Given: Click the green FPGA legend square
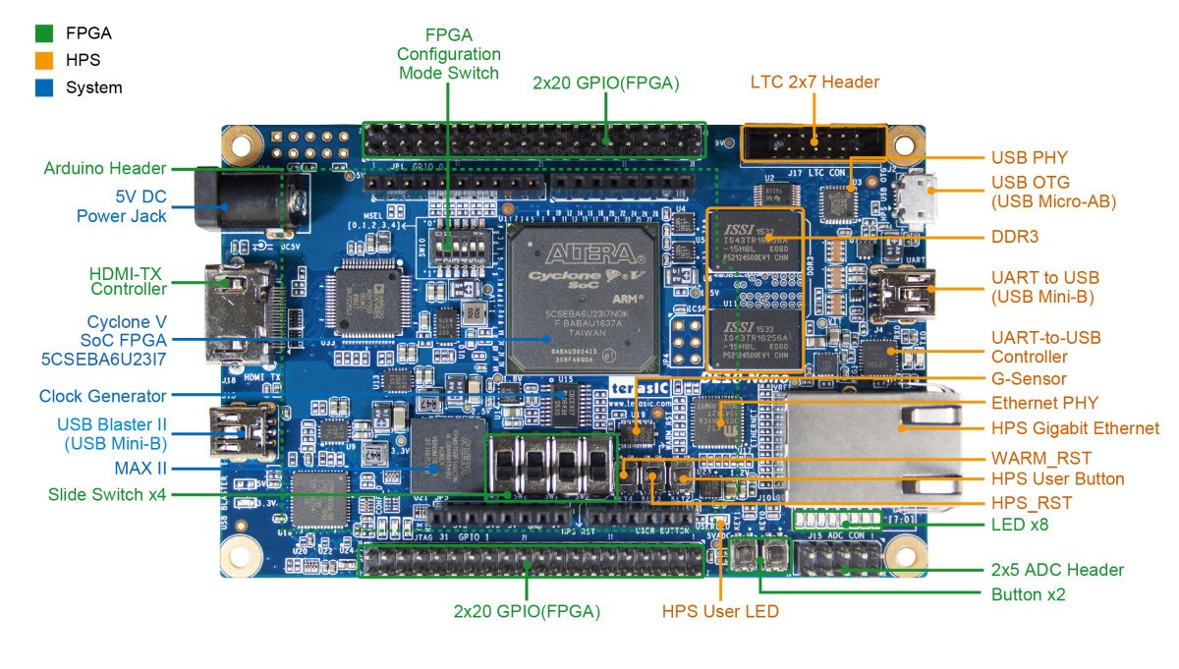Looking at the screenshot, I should click(x=44, y=32).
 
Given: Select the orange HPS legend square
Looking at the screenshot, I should click(x=44, y=60).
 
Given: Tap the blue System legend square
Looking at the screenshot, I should click(x=44, y=87).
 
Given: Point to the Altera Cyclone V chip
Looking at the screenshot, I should click(x=584, y=295).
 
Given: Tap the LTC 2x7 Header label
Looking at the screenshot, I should click(x=814, y=83).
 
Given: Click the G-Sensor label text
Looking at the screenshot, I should click(x=1029, y=379).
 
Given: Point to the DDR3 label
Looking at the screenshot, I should click(x=1015, y=237).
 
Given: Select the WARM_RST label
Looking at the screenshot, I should click(x=1041, y=458).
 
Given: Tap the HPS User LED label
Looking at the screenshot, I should click(x=720, y=611).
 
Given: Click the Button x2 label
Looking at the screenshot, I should click(x=1028, y=594).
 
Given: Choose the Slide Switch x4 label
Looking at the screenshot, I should click(x=107, y=493).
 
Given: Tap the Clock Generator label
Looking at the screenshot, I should click(x=103, y=396).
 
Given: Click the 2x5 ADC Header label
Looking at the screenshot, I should click(x=1057, y=570).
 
